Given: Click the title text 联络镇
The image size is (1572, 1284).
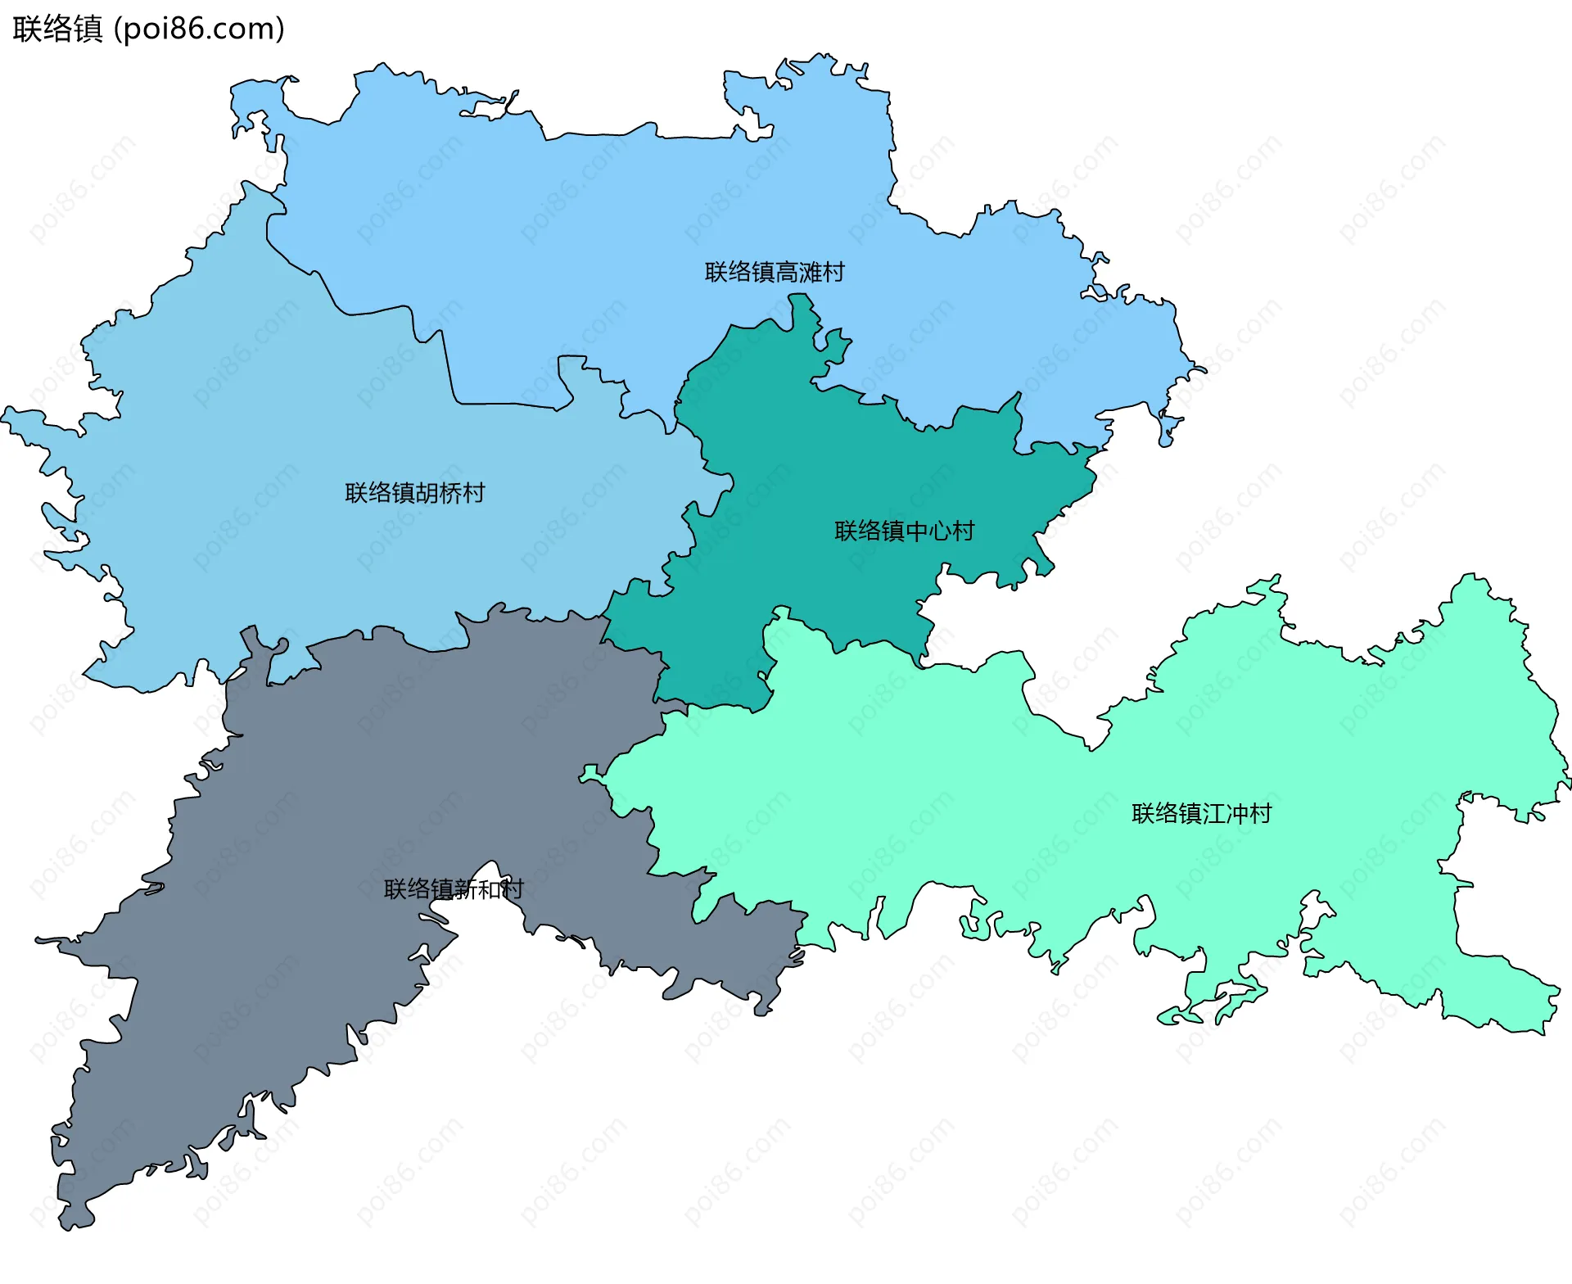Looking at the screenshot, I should coord(57,29).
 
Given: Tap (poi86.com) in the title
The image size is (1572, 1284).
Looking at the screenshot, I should coord(199,29).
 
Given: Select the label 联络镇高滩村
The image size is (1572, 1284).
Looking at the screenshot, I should coord(775,272).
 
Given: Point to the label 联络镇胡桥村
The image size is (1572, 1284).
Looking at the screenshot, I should coord(415,492).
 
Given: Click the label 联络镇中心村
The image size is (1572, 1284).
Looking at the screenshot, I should coord(904,531).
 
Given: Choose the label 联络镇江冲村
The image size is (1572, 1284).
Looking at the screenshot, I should coord(1201,813).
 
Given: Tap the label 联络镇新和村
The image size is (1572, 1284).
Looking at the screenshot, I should coord(454,888).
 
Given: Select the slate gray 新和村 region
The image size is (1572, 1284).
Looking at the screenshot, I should coord(327,819).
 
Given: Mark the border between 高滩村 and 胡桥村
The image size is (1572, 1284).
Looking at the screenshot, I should coord(449,368).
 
